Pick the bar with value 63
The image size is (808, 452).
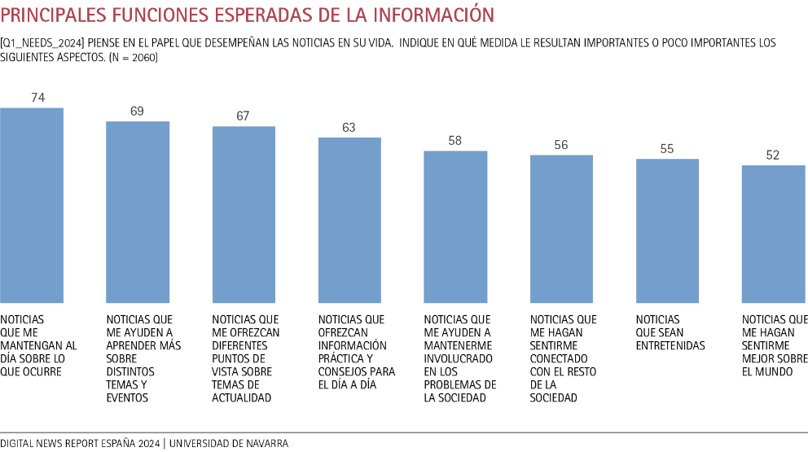349,220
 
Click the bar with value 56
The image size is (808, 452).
561,229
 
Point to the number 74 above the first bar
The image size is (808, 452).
37,98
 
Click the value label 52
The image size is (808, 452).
773,155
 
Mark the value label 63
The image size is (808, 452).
349,127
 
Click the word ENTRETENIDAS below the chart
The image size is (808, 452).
670,345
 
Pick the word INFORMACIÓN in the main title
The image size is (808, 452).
428,15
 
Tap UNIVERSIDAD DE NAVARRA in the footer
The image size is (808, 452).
229,444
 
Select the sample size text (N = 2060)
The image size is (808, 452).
133,58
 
